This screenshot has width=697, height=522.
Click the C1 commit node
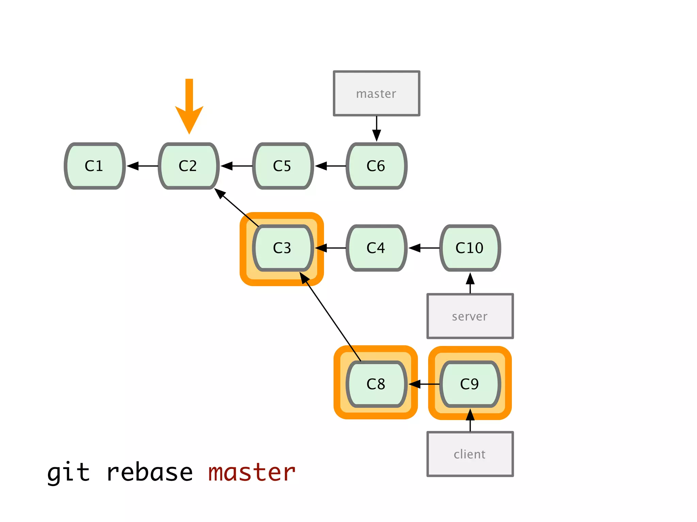point(95,166)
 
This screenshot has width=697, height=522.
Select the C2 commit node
point(189,166)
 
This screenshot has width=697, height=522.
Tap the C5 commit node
point(282,166)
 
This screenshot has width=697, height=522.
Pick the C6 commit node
point(376,166)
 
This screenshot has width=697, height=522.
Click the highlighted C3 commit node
point(282,248)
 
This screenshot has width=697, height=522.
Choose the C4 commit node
point(376,248)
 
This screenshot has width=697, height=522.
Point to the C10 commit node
point(470,248)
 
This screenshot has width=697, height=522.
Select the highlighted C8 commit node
point(376,384)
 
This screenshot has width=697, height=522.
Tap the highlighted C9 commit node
point(470,384)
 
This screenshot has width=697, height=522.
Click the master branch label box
point(376,93)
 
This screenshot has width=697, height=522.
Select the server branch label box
point(470,316)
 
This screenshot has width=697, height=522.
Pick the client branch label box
point(470,454)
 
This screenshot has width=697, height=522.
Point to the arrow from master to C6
point(376,129)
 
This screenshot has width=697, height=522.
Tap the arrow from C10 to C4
point(424,248)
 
